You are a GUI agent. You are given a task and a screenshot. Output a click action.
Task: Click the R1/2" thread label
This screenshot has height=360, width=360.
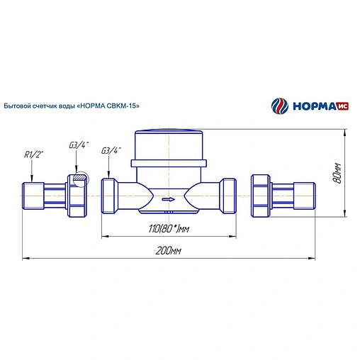coord(34,154)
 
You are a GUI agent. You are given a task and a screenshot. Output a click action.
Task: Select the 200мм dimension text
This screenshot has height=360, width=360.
coord(168,251)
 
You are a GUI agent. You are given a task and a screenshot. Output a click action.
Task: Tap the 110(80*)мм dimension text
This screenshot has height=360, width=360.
coord(169,229)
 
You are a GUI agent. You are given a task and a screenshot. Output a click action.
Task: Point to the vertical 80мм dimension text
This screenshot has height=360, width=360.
coord(337,173)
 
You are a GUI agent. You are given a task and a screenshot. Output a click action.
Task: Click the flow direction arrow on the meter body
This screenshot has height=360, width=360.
coord(169,200)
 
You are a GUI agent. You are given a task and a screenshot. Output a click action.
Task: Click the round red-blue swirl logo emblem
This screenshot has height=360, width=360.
coord(280,106)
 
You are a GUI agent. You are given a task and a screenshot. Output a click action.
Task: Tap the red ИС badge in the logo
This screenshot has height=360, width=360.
coord(342,106)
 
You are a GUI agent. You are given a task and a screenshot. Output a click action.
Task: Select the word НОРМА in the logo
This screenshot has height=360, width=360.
coord(314,106)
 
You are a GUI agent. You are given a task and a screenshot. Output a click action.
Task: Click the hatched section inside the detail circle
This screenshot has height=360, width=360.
coord(80,177)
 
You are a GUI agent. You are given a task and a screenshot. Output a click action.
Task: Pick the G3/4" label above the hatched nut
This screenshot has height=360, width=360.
coord(79,145)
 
